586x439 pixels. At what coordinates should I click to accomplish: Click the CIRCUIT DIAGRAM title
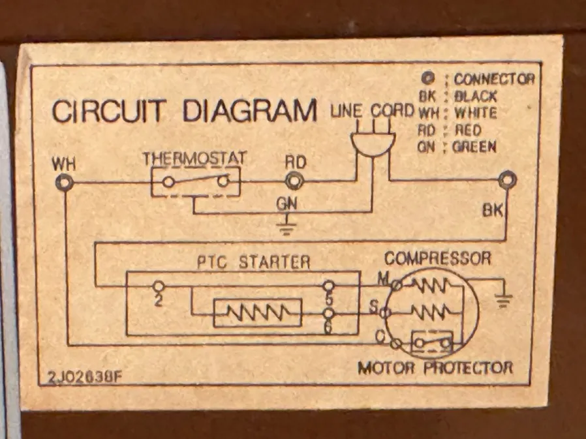pyautogui.click(x=184, y=112)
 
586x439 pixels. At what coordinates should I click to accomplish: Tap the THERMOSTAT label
pyautogui.click(x=194, y=159)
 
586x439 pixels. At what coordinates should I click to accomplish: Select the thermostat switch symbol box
pyautogui.click(x=196, y=181)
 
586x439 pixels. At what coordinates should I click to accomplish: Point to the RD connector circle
pyautogui.click(x=295, y=181)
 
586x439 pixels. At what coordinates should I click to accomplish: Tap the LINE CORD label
pyautogui.click(x=372, y=111)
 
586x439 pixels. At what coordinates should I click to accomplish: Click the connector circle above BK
pyautogui.click(x=506, y=180)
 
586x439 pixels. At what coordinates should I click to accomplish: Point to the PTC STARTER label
pyautogui.click(x=254, y=262)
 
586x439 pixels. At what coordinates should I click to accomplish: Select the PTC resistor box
pyautogui.click(x=258, y=314)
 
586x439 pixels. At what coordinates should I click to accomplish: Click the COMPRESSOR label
pyautogui.click(x=437, y=258)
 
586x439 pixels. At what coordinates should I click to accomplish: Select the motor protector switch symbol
pyautogui.click(x=431, y=341)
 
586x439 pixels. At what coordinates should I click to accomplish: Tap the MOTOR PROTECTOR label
pyautogui.click(x=435, y=368)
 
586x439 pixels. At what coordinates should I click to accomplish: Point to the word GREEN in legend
pyautogui.click(x=474, y=147)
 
